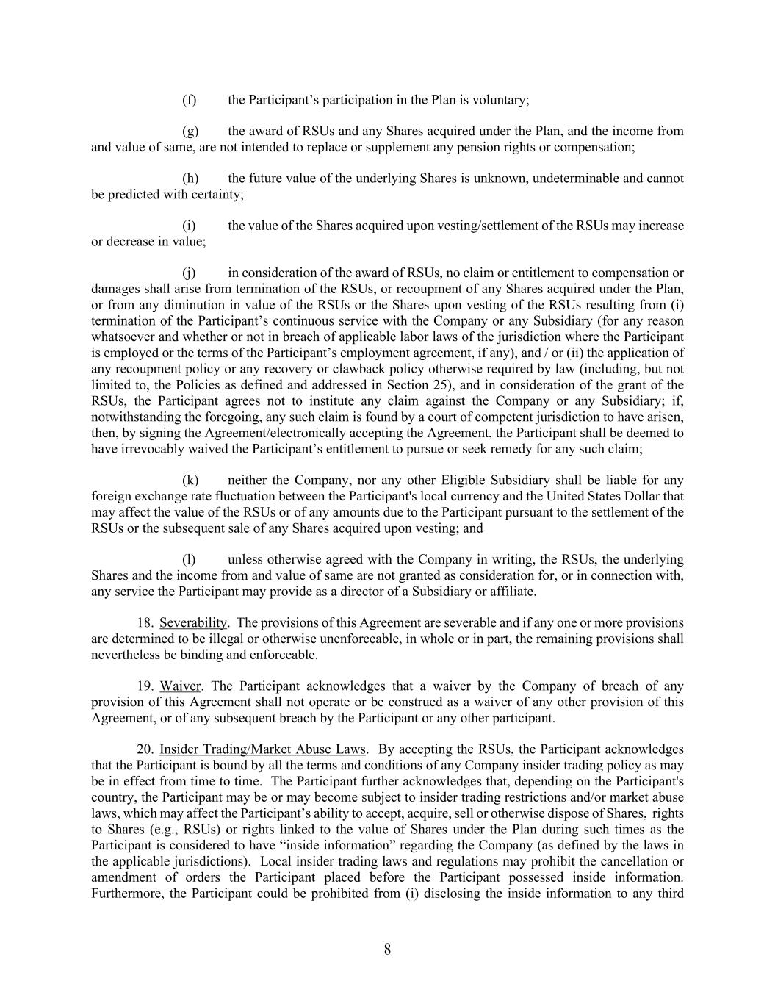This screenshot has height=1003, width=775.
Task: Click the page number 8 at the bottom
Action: [x=387, y=949]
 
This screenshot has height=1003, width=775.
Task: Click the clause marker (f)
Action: [x=189, y=99]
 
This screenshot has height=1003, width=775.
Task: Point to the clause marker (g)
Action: [x=190, y=131]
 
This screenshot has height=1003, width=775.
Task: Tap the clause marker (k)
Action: [x=190, y=481]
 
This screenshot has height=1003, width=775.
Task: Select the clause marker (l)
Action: [x=189, y=559]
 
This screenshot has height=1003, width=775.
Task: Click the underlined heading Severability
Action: [x=193, y=622]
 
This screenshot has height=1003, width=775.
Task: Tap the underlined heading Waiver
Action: [x=180, y=686]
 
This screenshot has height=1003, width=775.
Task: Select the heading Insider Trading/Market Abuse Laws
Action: [x=262, y=749]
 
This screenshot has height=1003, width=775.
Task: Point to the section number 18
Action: [x=145, y=622]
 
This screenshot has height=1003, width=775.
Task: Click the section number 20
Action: [x=145, y=749]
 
